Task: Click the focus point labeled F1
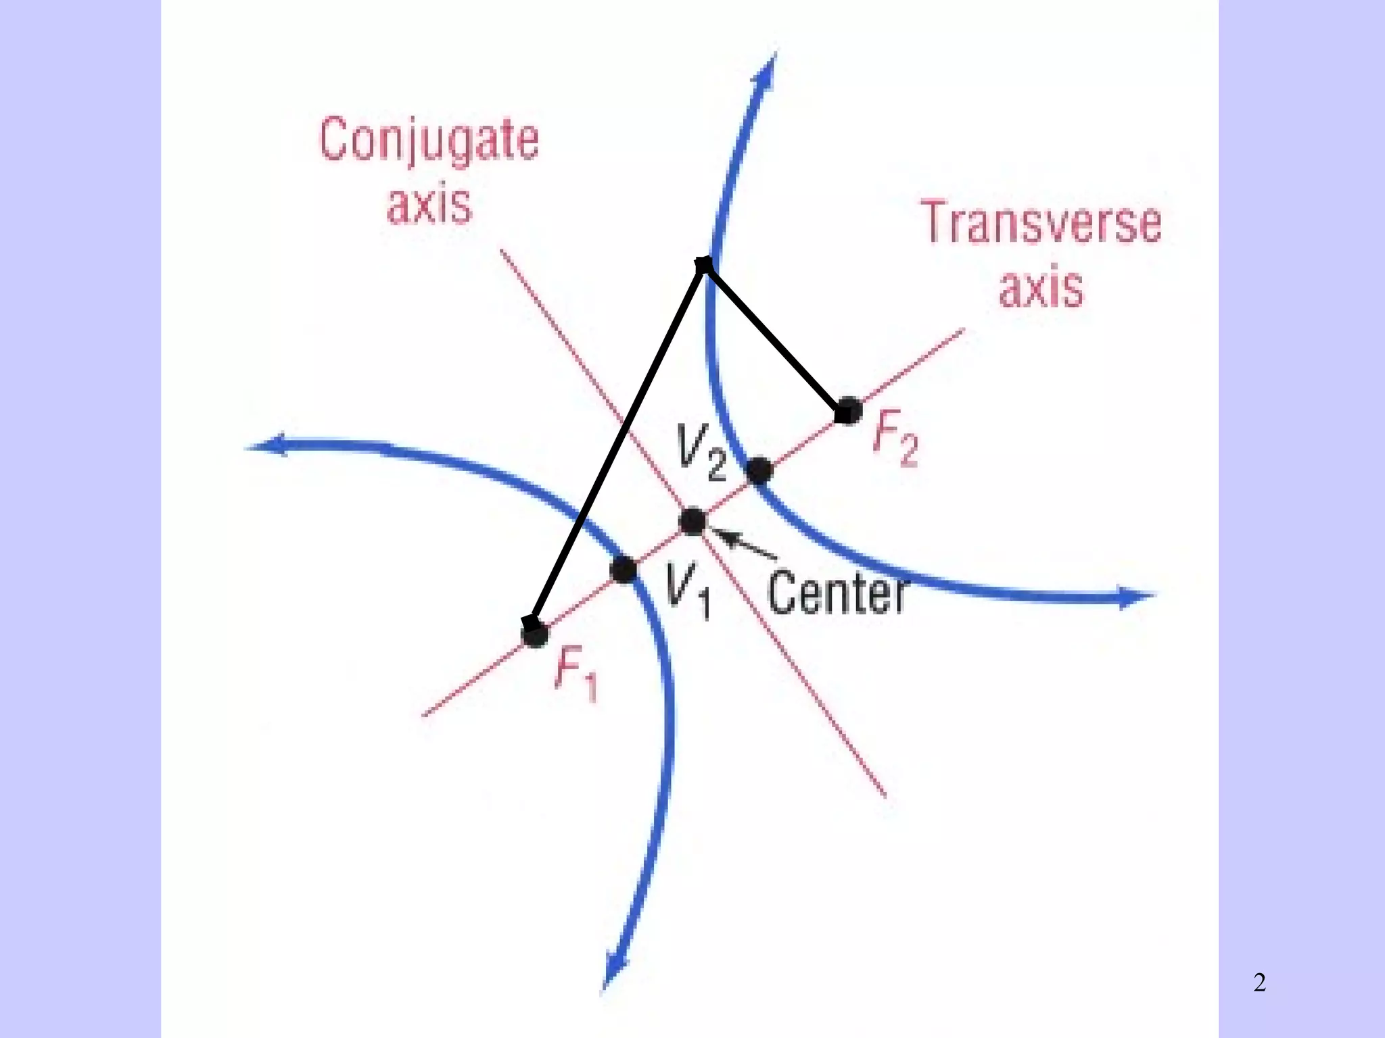point(534,633)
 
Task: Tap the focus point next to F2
point(847,410)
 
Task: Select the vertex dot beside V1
point(623,570)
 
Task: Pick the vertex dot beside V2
point(759,471)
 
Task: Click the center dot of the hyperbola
point(692,522)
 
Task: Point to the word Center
point(837,593)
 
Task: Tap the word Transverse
point(1042,223)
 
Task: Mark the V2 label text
point(701,454)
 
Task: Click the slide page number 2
point(1259,983)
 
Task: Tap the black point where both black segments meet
point(704,265)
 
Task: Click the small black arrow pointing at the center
point(744,545)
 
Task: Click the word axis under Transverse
point(1041,289)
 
